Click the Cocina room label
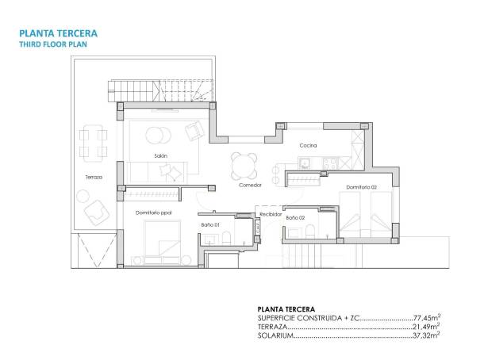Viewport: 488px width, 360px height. pyautogui.click(x=309, y=146)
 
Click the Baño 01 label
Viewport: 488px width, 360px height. pyautogui.click(x=210, y=224)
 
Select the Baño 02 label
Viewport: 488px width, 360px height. pyautogui.click(x=295, y=216)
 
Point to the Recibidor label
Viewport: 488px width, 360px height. pyautogui.click(x=271, y=214)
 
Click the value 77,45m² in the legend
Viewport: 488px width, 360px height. pyautogui.click(x=424, y=317)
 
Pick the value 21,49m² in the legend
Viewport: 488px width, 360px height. pyautogui.click(x=424, y=327)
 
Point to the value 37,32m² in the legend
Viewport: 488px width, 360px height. pyautogui.click(x=424, y=336)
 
